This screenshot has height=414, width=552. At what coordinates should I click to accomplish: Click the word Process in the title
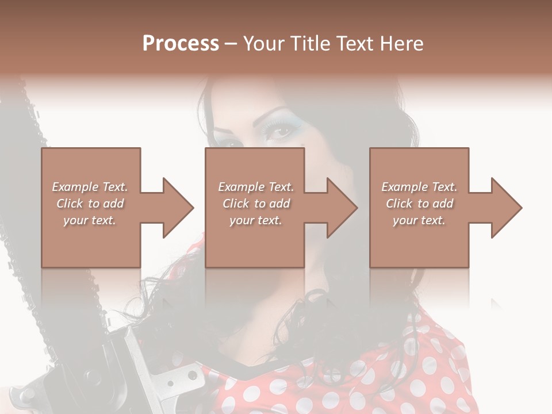tap(181, 44)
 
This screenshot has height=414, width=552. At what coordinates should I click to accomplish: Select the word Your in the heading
tap(264, 44)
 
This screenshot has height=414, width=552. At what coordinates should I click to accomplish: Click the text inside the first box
tap(90, 204)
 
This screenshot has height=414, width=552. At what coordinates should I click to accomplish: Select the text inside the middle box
tap(256, 204)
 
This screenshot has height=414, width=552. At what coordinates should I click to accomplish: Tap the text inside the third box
tap(419, 204)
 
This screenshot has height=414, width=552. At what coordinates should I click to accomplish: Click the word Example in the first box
tap(75, 187)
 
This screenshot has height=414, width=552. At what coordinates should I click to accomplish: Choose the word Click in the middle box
tap(236, 204)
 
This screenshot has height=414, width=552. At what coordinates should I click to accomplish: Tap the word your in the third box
tap(404, 220)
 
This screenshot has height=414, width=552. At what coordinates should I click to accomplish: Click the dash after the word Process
tap(231, 44)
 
